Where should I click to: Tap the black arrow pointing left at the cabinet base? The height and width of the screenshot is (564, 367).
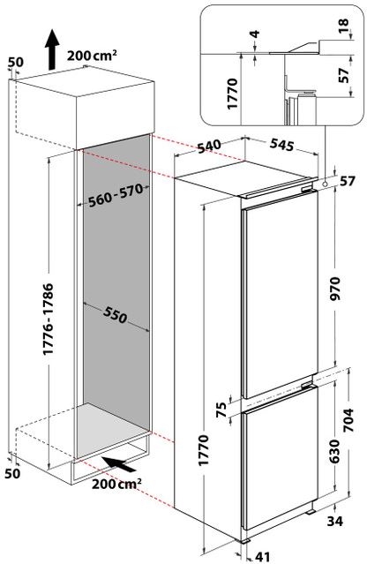point(116,462)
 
